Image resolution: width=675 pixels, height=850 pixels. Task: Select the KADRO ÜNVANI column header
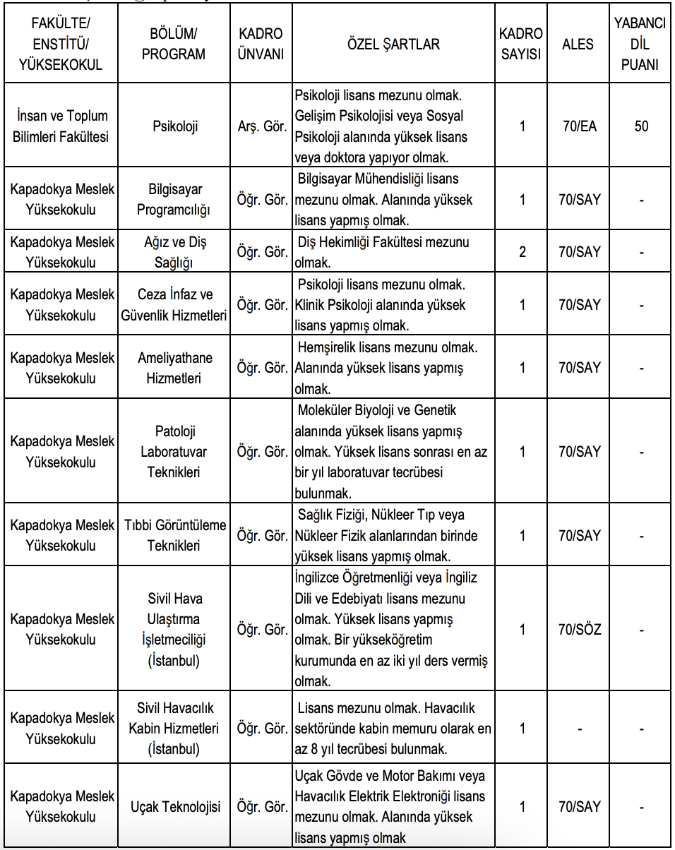point(261,44)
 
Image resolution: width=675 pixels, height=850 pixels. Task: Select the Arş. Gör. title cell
point(261,127)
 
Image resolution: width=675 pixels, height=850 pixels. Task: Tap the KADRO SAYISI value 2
point(522,252)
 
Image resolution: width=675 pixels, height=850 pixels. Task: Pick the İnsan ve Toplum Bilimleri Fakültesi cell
point(61,127)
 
